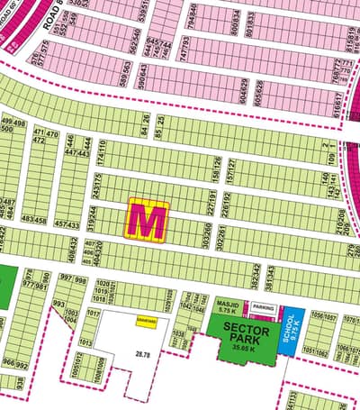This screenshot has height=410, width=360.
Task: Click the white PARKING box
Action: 264,308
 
